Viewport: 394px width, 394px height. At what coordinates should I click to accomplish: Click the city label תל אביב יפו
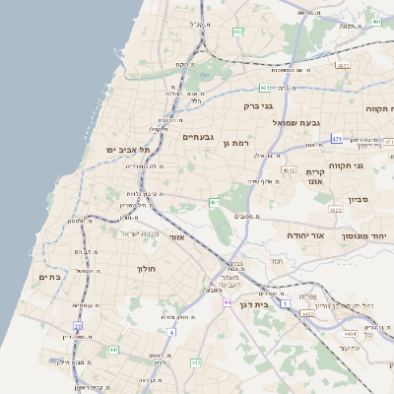point(127,149)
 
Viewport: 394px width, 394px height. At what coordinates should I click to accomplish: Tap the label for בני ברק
point(258,103)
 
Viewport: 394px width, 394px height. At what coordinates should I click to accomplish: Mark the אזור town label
point(177,237)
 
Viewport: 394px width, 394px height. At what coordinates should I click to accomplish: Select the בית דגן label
point(254,304)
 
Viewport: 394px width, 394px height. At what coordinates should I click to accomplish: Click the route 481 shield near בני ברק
point(266,87)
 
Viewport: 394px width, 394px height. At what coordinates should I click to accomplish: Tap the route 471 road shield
point(336,139)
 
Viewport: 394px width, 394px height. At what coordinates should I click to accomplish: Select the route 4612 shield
point(288,169)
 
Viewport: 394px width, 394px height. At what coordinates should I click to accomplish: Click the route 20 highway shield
point(78,324)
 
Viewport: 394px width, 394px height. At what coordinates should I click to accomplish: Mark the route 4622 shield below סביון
point(335,210)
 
